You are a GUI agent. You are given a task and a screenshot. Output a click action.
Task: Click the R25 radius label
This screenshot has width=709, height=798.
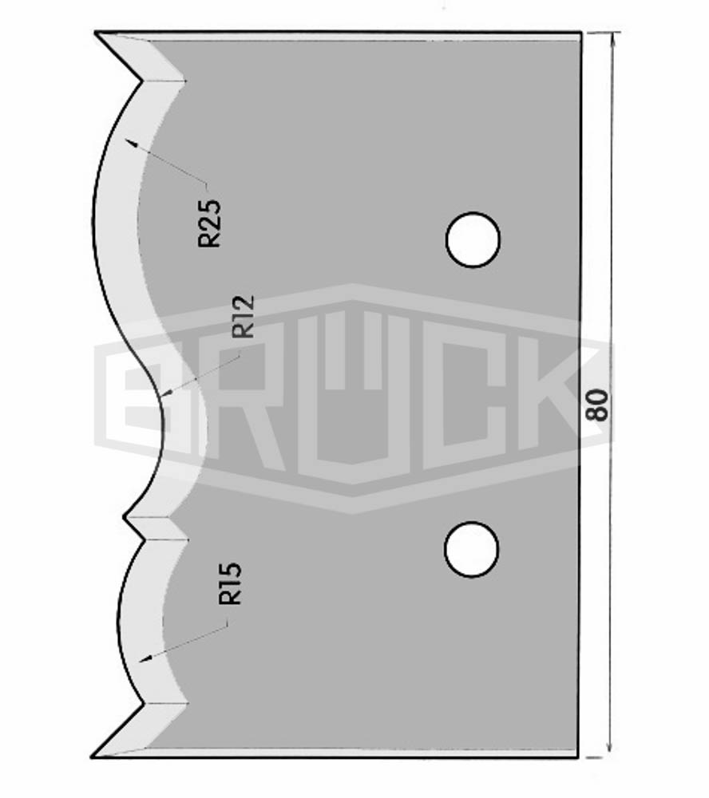point(210,223)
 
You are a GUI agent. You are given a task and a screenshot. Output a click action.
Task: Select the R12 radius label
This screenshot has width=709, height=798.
point(243,317)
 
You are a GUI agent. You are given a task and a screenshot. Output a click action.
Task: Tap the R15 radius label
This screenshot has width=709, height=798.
point(230,584)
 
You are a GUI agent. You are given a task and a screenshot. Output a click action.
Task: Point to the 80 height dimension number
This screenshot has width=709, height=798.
point(597,405)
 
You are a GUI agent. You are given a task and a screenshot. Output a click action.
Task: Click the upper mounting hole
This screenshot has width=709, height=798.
point(473,239)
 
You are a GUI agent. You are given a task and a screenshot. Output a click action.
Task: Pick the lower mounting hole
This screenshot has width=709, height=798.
point(471,550)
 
